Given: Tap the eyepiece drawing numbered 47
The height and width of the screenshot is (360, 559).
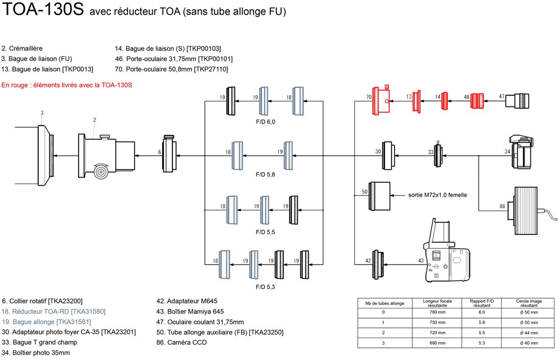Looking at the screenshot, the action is (517, 101).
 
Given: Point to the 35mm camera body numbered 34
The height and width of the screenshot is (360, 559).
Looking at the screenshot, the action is (521, 153).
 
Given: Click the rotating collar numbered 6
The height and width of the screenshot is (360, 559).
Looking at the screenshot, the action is (169, 154).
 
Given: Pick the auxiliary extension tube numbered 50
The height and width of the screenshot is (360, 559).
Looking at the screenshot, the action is (379, 196).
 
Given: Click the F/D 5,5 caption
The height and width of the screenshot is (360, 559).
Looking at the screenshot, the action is (265, 232).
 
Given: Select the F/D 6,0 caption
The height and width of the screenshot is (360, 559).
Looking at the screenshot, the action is (265, 122).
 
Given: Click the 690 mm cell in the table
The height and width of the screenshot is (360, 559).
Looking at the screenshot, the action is (437, 343).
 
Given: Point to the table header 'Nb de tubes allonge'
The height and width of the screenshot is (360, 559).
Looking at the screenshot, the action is (385, 303).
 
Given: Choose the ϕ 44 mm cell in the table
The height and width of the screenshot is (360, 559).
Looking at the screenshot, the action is (529, 332).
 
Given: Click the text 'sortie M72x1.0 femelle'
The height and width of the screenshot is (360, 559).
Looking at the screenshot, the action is (437, 195).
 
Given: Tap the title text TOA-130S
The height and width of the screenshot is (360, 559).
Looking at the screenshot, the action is (43, 9).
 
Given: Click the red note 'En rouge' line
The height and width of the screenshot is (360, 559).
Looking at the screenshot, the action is (66, 85).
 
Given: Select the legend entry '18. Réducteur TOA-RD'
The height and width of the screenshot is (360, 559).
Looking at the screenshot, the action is (54, 311).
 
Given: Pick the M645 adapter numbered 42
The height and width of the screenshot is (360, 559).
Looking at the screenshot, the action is (378, 264).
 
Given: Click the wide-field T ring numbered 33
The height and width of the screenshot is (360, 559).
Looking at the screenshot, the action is (438, 154).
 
